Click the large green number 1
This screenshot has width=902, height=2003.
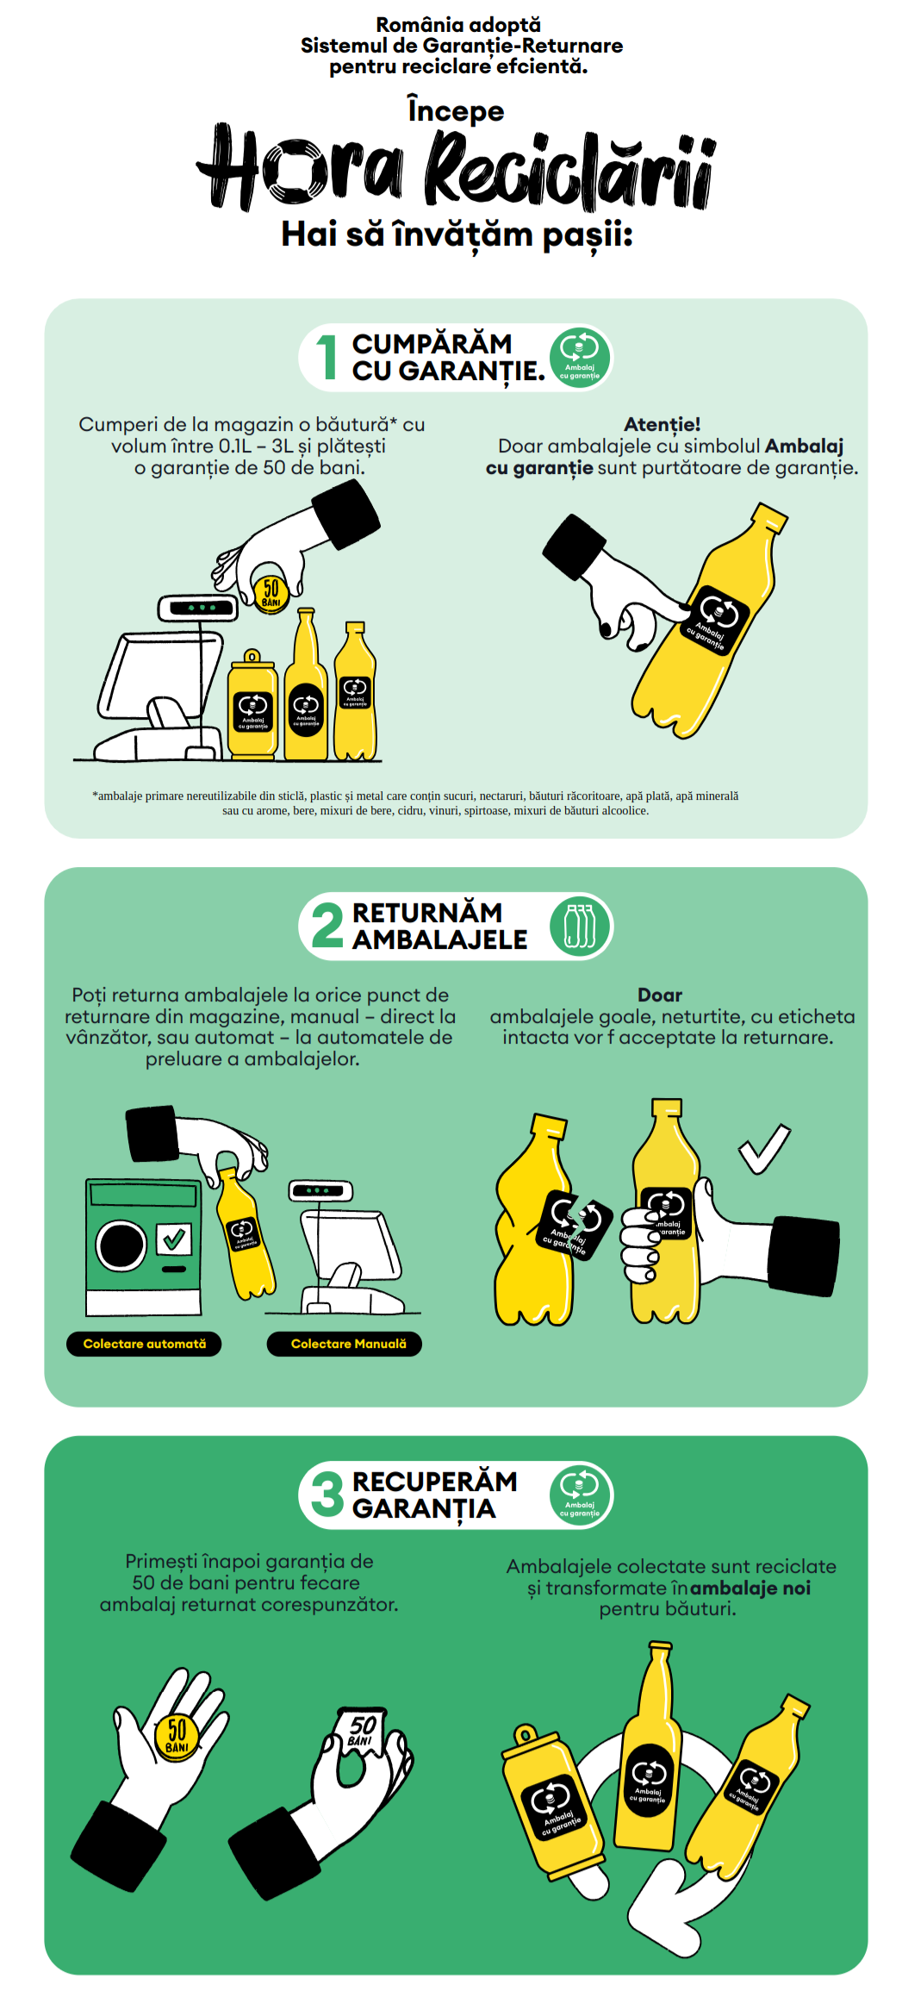(x=327, y=357)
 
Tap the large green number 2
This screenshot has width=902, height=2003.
(x=327, y=926)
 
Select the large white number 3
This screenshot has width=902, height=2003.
(x=327, y=1494)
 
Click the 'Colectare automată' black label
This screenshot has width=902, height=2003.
(x=144, y=1344)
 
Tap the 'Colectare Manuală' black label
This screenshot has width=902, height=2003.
(x=345, y=1344)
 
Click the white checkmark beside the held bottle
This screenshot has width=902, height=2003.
(x=764, y=1149)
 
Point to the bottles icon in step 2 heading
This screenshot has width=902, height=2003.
(x=580, y=926)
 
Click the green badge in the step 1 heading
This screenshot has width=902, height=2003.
(x=580, y=357)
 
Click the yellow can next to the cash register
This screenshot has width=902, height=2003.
(x=252, y=705)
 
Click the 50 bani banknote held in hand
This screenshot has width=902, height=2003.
(x=361, y=1735)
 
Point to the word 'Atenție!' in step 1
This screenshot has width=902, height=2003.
(x=662, y=424)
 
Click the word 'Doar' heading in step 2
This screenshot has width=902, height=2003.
(x=660, y=995)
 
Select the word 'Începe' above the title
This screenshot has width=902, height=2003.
(x=456, y=111)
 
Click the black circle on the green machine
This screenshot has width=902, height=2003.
(x=121, y=1245)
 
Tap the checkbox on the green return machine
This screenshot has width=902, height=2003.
(x=174, y=1239)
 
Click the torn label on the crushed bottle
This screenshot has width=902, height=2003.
(x=576, y=1224)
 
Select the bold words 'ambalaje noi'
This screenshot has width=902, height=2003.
(x=750, y=1588)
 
